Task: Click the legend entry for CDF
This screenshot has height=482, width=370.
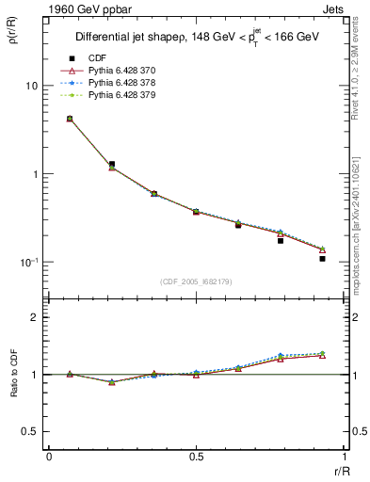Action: [99, 58]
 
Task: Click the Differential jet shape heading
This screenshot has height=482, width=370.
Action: [196, 38]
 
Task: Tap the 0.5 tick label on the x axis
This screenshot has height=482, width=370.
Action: [196, 458]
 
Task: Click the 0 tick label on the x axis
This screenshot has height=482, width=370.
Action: [49, 458]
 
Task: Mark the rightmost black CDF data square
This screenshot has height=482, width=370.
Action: [322, 258]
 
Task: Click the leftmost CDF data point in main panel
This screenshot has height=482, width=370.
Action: [70, 119]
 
